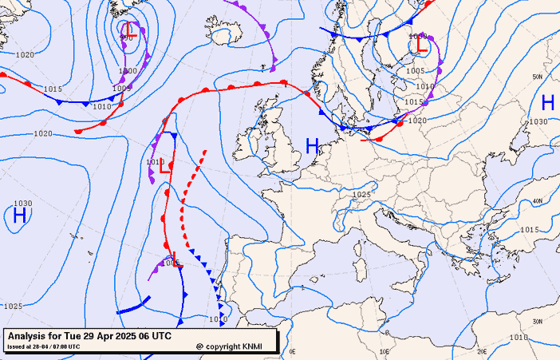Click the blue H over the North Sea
[x=312, y=146]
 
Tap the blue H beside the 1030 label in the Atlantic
[x=19, y=216]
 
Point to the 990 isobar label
[x=125, y=38]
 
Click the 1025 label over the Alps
[x=362, y=195]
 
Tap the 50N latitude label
[x=538, y=77]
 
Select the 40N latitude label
[x=538, y=200]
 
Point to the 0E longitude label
[x=292, y=350]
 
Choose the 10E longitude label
[x=385, y=350]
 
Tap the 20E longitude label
[x=481, y=350]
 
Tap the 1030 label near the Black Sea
[x=538, y=122]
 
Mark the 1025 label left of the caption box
[x=12, y=307]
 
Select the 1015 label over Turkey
[x=529, y=230]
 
